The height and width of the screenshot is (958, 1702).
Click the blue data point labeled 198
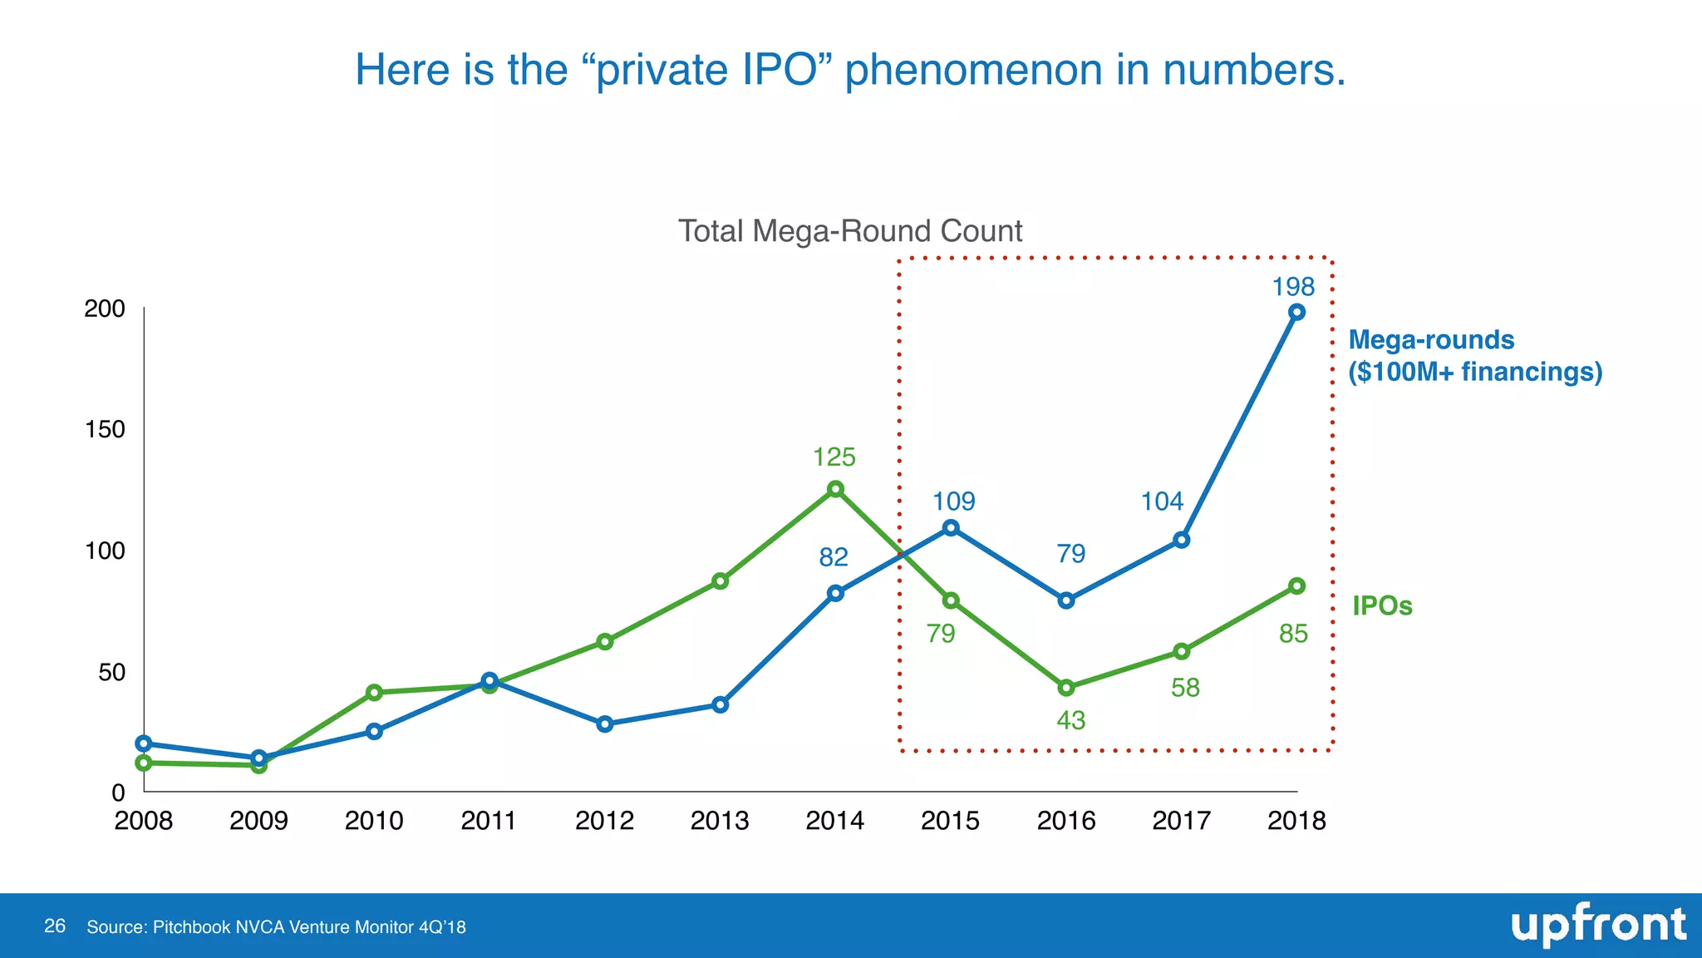(x=1296, y=312)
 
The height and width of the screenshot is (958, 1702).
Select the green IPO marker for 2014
(x=835, y=489)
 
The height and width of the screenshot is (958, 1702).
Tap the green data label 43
(x=1070, y=720)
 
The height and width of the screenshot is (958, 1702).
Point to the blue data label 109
(x=953, y=501)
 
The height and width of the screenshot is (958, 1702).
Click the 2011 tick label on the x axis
(x=489, y=821)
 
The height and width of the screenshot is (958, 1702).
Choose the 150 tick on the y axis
(x=105, y=429)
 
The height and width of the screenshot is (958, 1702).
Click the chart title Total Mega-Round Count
(x=850, y=231)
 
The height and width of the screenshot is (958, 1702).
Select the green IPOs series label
(x=1382, y=605)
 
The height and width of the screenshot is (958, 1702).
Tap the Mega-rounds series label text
(x=1431, y=340)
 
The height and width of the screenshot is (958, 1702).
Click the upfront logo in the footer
(x=1597, y=926)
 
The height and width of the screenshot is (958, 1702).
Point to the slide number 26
(x=55, y=926)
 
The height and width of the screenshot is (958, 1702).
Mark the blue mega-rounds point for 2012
(x=605, y=723)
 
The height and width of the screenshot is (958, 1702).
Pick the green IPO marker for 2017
(x=1181, y=651)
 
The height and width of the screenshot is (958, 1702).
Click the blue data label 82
(x=834, y=557)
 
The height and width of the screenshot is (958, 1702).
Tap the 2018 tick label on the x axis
(x=1296, y=821)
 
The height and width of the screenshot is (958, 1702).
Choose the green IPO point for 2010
(x=374, y=692)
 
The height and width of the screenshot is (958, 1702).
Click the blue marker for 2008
(x=144, y=743)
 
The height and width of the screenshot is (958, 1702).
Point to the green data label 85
(x=1293, y=635)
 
